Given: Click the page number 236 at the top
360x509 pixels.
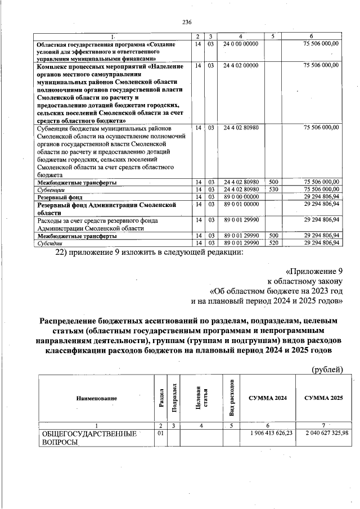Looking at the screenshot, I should coord(187,22).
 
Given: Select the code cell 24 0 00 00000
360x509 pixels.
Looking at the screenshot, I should coord(240,43).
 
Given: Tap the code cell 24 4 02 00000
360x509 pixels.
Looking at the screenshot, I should coord(240,66).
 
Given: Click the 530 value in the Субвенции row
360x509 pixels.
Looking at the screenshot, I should coord(273,190).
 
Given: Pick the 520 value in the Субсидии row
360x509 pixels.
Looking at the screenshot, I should coord(273,243).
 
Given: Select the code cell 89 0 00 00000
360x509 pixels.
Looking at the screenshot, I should coord(240,197).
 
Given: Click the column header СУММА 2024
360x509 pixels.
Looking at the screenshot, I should coord(268,398).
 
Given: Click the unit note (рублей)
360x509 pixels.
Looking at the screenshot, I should coord(327,370).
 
